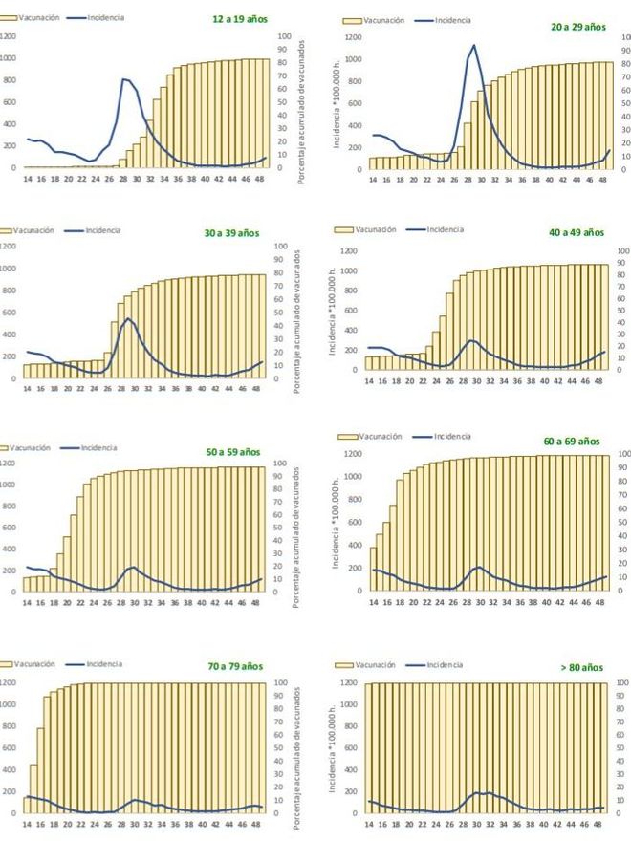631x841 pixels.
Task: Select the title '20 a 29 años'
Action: pyautogui.click(x=578, y=27)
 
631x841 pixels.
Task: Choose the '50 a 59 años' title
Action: pyautogui.click(x=235, y=450)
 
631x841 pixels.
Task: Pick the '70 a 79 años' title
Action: pyautogui.click(x=235, y=665)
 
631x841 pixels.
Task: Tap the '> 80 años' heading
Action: pyautogui.click(x=582, y=665)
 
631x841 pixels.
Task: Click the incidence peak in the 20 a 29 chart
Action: pyautogui.click(x=473, y=45)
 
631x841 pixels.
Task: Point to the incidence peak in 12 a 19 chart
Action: pyautogui.click(x=123, y=79)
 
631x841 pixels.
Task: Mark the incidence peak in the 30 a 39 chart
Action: pyautogui.click(x=129, y=318)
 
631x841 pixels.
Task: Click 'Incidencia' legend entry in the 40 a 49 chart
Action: pyautogui.click(x=446, y=229)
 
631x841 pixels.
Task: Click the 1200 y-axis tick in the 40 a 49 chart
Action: pyautogui.click(x=350, y=250)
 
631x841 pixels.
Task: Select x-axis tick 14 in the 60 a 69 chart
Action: pyautogui.click(x=373, y=602)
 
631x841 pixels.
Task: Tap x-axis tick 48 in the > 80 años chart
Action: pyautogui.click(x=599, y=824)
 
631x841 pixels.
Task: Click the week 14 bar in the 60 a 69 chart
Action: pyautogui.click(x=373, y=570)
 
